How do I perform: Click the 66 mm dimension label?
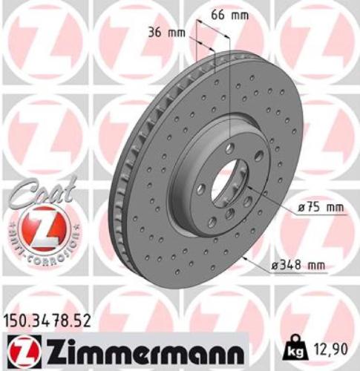(226, 14)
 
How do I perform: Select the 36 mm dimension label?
(166, 33)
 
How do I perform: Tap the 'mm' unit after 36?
(177, 33)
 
